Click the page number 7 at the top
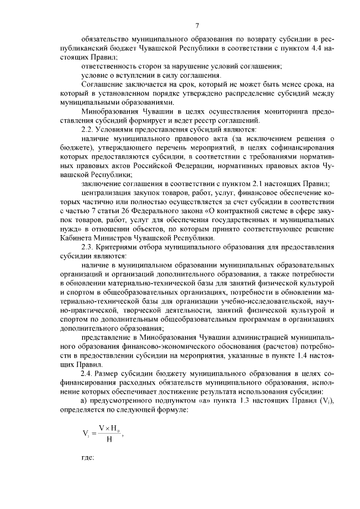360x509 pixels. (x=197, y=25)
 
